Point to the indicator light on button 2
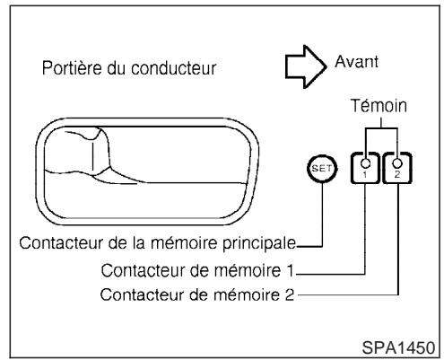396,162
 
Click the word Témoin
381,105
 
